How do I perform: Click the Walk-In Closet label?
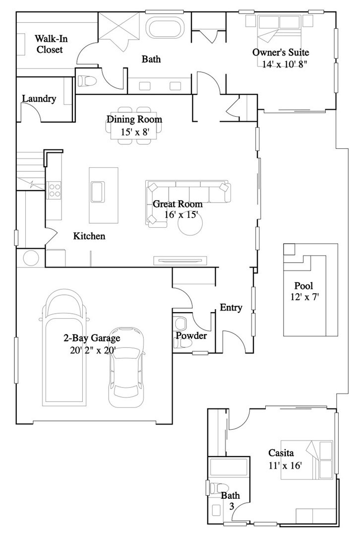click(x=49, y=44)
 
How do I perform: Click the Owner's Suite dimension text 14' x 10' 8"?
click(x=288, y=64)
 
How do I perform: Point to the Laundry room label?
click(x=39, y=99)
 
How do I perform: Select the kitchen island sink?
click(x=97, y=191)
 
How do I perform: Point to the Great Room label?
click(x=178, y=204)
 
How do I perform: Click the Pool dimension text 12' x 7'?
click(x=303, y=297)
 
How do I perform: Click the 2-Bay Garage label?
click(x=92, y=339)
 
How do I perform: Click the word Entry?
click(x=231, y=308)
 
